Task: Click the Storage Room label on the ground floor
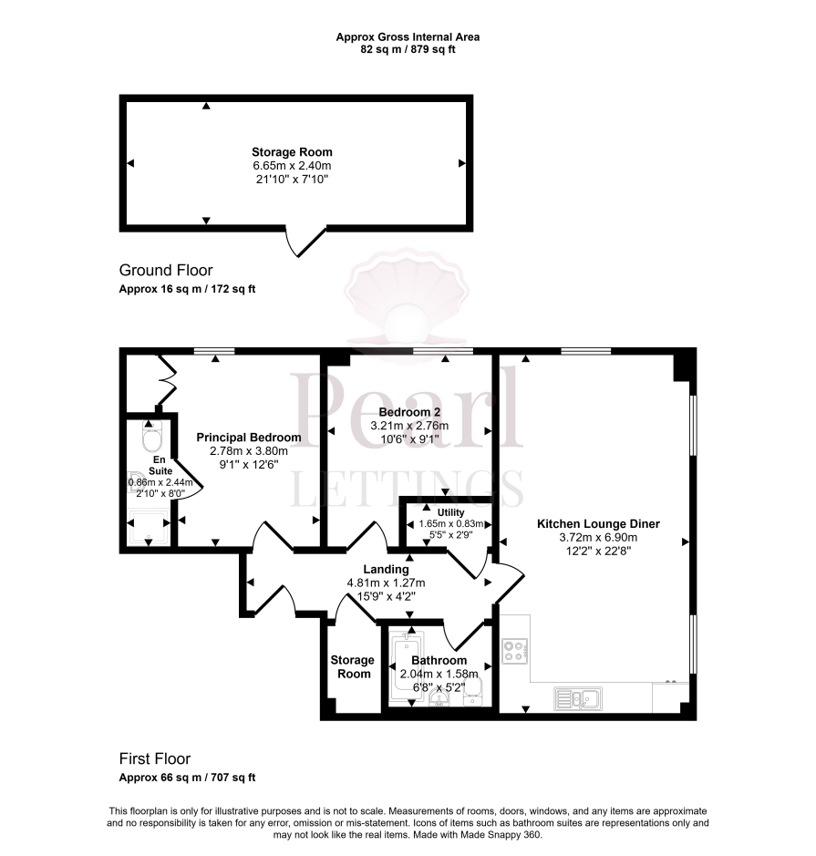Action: [292, 152]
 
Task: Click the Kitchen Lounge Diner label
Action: [597, 524]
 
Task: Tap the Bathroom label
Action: [439, 660]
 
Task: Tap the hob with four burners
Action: [514, 652]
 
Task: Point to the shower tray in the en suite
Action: [149, 528]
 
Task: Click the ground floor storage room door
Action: [305, 242]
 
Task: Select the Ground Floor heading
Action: [166, 270]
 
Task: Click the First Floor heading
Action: [155, 758]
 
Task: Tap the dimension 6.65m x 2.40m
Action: [292, 166]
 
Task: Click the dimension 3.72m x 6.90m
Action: [597, 538]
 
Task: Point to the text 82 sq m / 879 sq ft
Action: [408, 49]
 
